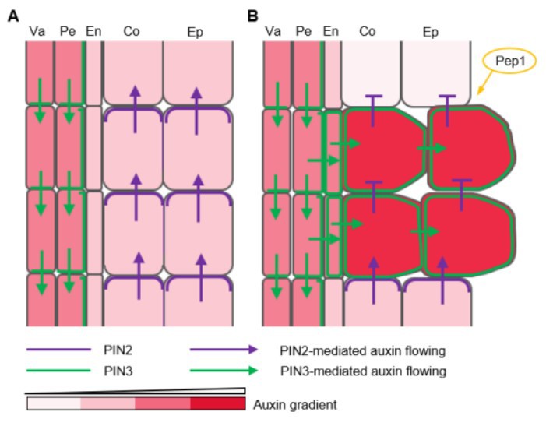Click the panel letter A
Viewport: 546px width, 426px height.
coord(12,15)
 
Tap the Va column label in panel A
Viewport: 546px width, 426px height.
coord(36,31)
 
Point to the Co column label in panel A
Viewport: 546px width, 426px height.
coord(132,31)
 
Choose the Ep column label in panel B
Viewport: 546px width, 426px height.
coord(430,31)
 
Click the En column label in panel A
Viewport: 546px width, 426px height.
coord(93,31)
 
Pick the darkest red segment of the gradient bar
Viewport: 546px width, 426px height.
coord(217,403)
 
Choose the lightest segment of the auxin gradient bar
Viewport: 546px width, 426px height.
coord(53,403)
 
